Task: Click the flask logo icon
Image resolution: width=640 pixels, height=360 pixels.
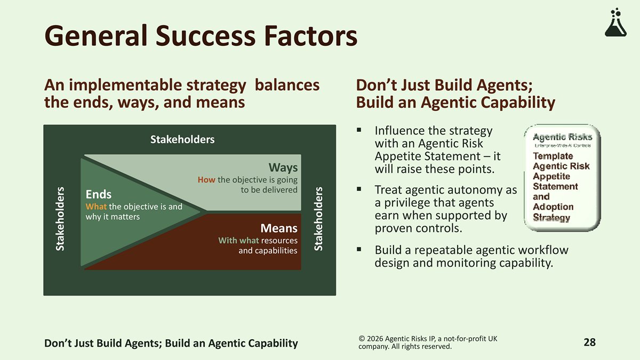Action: point(615,22)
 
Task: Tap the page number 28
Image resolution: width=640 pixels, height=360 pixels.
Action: point(590,342)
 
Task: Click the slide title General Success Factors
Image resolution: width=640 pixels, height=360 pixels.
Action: point(201,36)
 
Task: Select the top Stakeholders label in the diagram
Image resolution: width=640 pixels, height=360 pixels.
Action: point(182,139)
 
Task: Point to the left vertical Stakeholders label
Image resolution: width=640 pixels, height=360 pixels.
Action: point(60,219)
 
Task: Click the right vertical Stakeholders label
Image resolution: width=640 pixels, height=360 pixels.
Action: point(318,219)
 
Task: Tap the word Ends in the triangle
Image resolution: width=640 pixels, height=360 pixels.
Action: point(99,194)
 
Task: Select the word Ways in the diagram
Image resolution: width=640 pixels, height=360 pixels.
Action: point(283,167)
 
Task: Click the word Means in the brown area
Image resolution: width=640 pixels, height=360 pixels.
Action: point(279,228)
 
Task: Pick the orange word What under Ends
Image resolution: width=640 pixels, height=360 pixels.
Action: point(96,206)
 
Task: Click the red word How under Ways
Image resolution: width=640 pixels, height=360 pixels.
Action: point(206,180)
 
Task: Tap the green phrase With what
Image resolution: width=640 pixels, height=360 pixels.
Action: point(238,241)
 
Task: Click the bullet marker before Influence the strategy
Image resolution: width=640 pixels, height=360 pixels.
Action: point(359,130)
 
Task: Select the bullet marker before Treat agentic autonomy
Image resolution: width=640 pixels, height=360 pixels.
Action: point(359,189)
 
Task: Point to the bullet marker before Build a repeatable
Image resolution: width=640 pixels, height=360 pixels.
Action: point(359,250)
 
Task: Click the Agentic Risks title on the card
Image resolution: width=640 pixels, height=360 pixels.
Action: point(562,138)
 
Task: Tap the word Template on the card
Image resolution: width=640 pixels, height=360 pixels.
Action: point(553,156)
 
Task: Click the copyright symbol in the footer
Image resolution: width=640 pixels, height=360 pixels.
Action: point(362,339)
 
